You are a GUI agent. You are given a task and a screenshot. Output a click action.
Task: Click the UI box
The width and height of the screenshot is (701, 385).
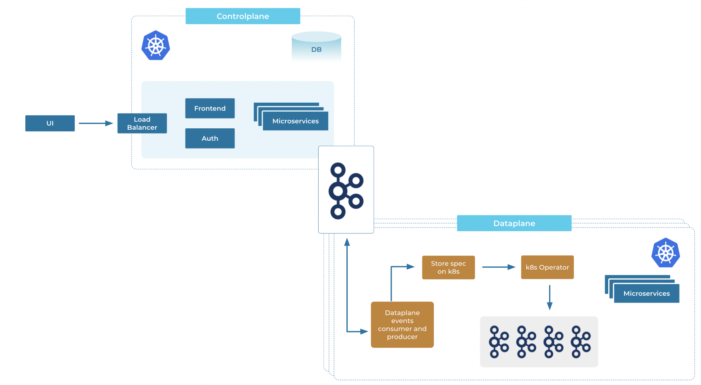tap(50, 123)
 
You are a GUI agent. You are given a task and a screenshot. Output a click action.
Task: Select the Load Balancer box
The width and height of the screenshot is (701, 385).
tap(142, 123)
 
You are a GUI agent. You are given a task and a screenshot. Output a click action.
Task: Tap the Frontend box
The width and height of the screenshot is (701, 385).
tap(210, 108)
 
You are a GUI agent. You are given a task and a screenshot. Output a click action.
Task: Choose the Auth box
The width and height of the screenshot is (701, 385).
tap(210, 138)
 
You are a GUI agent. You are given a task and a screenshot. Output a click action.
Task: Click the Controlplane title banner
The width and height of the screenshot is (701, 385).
tap(243, 16)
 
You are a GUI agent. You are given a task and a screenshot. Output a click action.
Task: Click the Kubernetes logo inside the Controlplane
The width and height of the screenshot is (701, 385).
tap(156, 46)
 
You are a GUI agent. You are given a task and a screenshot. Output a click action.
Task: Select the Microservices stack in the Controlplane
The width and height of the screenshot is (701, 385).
tap(295, 120)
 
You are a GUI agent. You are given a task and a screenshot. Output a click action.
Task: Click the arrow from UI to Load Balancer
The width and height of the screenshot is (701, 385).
tap(95, 123)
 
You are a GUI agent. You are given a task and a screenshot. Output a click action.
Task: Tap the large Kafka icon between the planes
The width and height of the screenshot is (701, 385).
tap(346, 190)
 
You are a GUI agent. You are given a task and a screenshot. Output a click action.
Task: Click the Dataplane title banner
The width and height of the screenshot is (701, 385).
tap(514, 223)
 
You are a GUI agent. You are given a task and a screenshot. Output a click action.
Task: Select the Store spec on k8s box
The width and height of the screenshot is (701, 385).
tap(448, 267)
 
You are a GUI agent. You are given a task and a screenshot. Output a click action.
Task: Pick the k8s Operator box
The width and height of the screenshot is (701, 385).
tap(547, 267)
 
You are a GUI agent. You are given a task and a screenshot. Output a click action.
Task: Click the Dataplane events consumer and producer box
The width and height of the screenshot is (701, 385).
tap(402, 324)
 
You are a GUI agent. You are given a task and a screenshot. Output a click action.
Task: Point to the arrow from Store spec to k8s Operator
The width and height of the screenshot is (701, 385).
tap(498, 267)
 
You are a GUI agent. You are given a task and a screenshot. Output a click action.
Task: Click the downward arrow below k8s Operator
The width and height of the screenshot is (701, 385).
tap(549, 297)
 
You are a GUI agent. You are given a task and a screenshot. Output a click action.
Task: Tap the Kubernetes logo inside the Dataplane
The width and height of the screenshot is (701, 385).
tap(665, 253)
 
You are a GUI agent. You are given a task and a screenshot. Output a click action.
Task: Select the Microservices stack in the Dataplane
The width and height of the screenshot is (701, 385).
tap(646, 293)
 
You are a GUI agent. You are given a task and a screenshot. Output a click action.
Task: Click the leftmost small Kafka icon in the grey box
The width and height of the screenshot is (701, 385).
tap(498, 342)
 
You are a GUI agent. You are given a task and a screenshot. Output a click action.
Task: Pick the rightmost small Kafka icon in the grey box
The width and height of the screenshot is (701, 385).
tap(580, 342)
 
